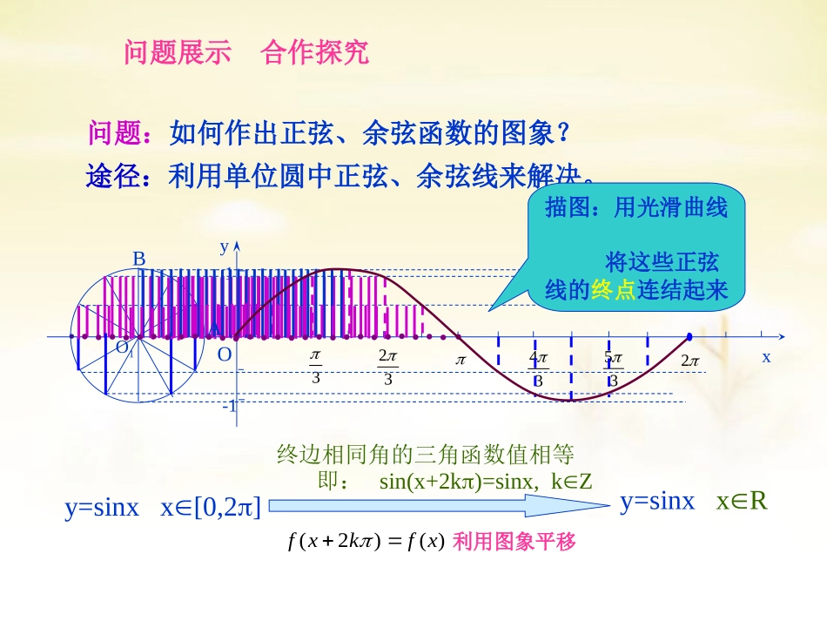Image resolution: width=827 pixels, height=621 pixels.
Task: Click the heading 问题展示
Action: (x=178, y=52)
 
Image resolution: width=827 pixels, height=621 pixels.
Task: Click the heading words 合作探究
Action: (x=314, y=52)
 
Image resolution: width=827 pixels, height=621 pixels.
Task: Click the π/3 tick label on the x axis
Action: (x=315, y=368)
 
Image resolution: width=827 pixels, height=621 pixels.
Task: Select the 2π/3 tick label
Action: (x=388, y=368)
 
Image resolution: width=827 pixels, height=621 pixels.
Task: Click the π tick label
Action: (x=461, y=359)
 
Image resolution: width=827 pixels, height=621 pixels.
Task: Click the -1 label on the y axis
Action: (x=228, y=407)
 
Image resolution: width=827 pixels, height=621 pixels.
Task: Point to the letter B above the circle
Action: (x=138, y=259)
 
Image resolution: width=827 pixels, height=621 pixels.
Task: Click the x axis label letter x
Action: (x=767, y=357)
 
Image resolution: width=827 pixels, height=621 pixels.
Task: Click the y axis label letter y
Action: (x=224, y=246)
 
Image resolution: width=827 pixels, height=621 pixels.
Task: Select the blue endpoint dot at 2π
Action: (x=689, y=336)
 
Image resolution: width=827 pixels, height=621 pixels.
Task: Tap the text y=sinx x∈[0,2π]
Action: (x=163, y=507)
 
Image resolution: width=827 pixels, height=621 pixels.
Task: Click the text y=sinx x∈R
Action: (x=693, y=501)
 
